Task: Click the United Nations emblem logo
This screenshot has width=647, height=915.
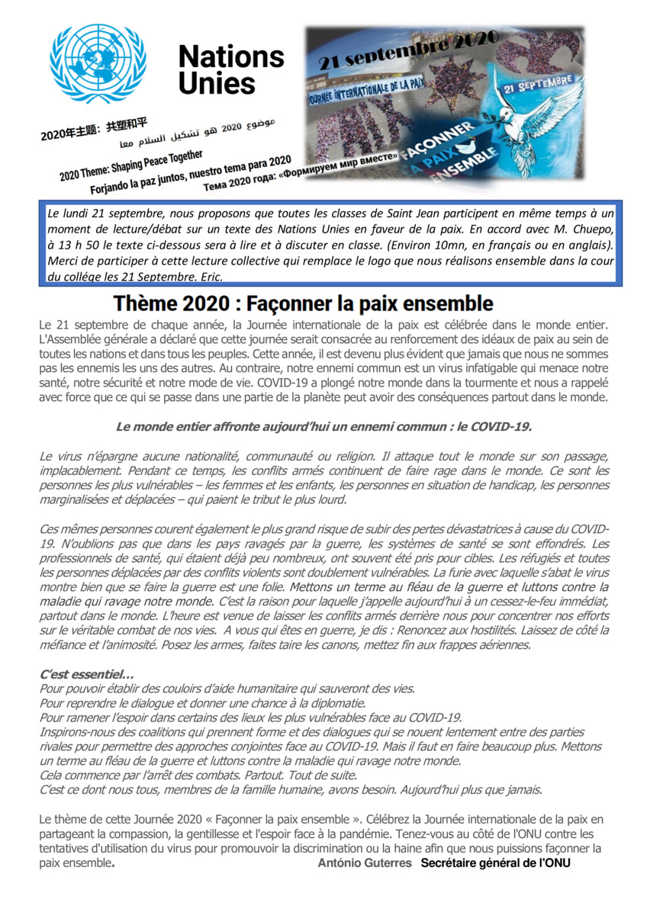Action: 97,63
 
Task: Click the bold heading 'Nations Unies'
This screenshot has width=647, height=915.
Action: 230,70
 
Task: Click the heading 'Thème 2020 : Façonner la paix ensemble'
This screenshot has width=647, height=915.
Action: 303,304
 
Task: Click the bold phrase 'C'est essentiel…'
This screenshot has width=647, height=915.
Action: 86,674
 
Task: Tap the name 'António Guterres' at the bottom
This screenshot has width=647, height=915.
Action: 365,862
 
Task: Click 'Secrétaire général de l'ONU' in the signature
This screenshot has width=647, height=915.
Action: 495,862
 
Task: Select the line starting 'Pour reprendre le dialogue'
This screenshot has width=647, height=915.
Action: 202,703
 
